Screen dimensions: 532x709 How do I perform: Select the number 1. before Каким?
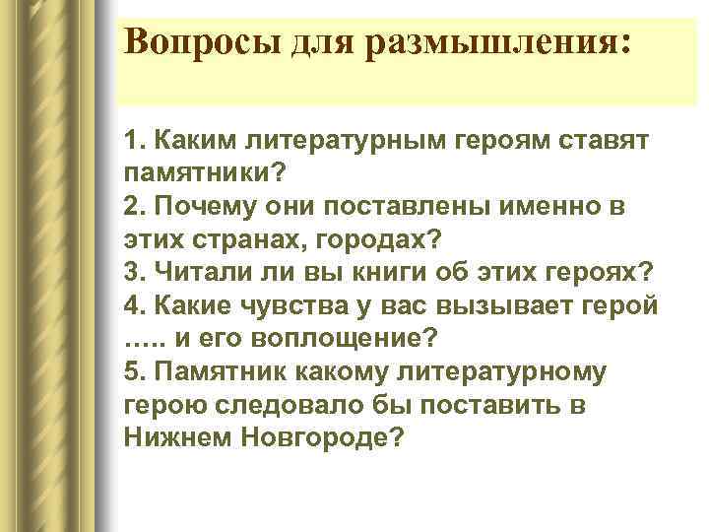(x=135, y=140)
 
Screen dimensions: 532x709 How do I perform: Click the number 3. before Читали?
(x=135, y=273)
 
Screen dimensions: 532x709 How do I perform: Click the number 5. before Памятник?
(x=135, y=372)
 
